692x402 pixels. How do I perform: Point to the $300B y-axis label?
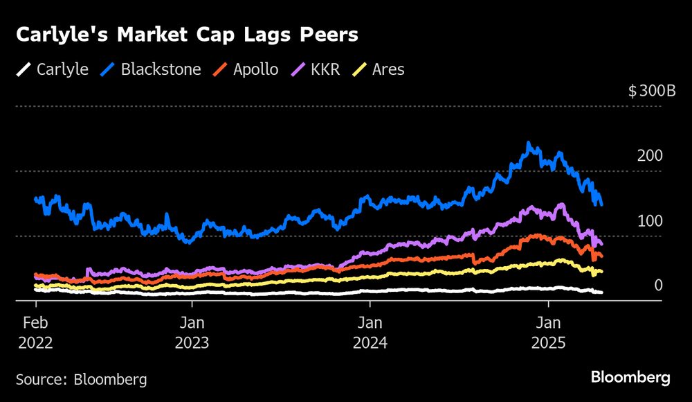point(651,91)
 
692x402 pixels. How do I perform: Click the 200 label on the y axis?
point(649,156)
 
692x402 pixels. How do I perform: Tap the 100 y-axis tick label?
point(649,220)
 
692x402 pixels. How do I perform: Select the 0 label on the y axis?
point(658,285)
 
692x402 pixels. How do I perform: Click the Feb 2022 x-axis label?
point(36,333)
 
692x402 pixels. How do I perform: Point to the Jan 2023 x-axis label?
point(192,333)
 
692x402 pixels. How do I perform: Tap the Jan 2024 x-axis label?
point(370,333)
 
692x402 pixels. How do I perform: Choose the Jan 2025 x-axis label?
point(549,333)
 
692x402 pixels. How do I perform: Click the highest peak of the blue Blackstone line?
point(529,143)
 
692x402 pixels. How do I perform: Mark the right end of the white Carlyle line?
point(601,292)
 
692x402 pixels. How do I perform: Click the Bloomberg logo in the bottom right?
point(630,378)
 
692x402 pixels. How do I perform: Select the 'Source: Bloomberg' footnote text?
point(81,379)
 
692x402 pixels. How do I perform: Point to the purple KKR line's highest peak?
point(561,204)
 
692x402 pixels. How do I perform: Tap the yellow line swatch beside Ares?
point(361,69)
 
